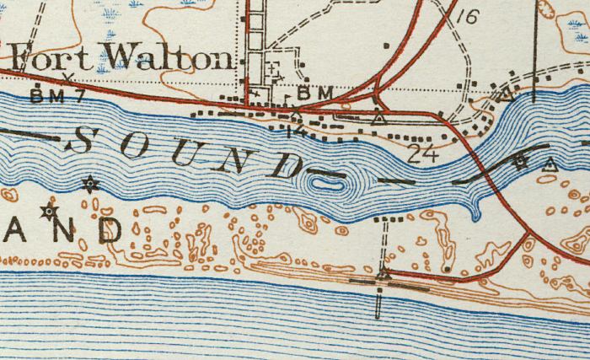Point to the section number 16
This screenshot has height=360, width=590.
469,15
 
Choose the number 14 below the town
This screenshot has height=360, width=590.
294,130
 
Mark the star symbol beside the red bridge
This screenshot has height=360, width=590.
522,161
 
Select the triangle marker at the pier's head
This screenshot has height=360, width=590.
384,273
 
